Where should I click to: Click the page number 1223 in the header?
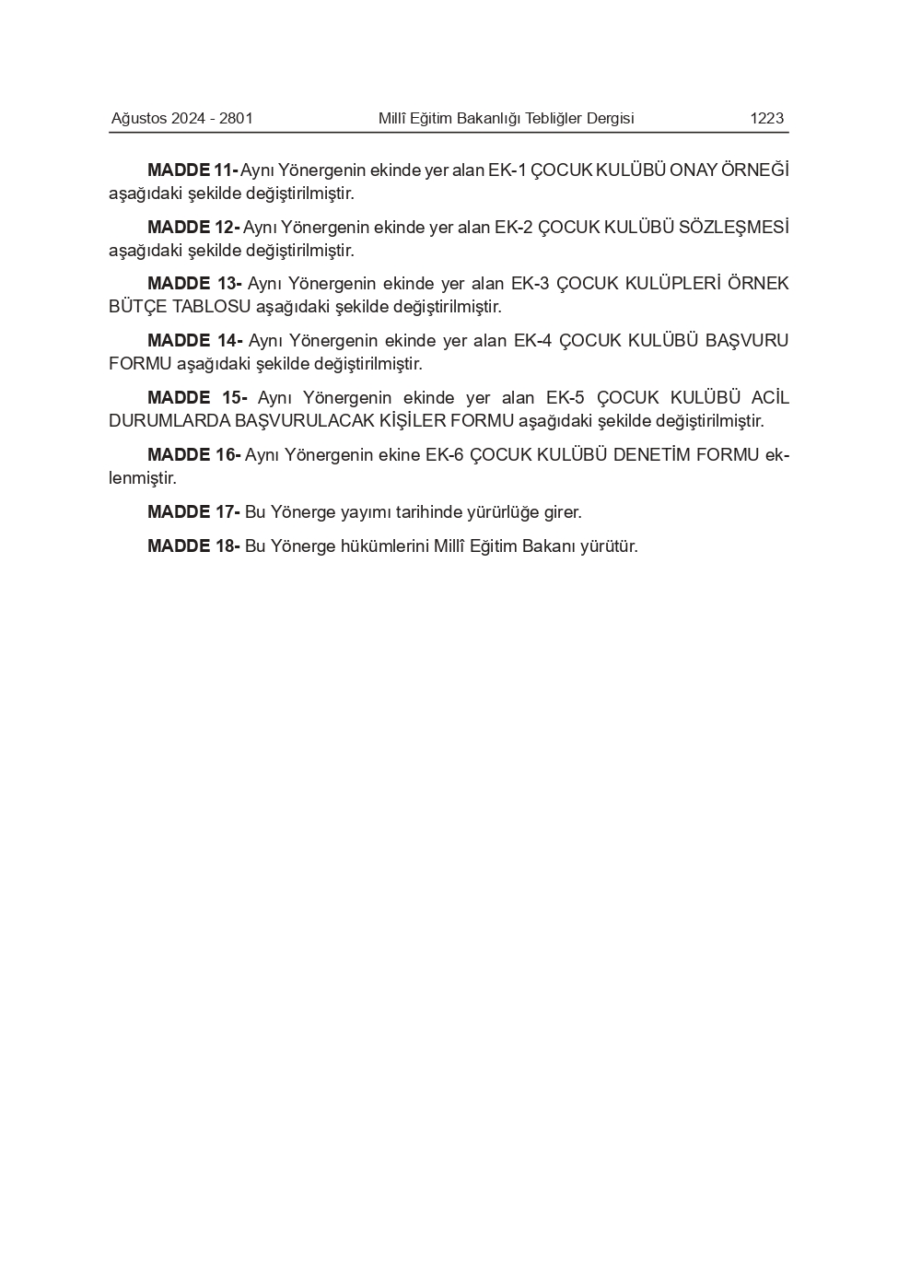766,118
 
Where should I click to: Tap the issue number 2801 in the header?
236,118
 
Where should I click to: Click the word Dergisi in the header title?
608,118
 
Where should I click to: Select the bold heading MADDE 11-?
192,170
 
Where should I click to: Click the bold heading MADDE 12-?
193,228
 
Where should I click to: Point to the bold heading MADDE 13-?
194,284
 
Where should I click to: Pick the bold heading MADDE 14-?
194,341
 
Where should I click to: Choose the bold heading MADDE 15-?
197,398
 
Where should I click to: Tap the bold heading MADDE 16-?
193,455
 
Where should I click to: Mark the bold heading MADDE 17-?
193,512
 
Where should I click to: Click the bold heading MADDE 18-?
193,546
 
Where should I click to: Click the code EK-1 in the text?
507,170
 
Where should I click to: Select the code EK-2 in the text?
513,228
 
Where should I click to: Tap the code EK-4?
532,341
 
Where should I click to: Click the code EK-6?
444,455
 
